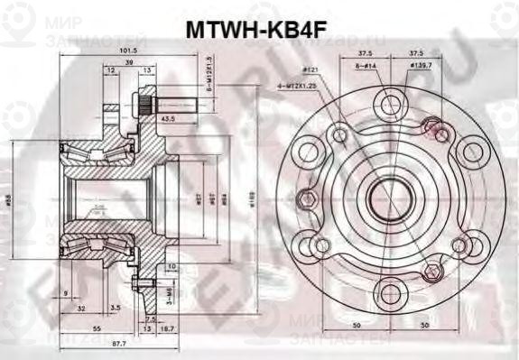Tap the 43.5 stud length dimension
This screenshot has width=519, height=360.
(x=168, y=118)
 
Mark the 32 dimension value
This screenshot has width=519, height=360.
(x=82, y=308)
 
